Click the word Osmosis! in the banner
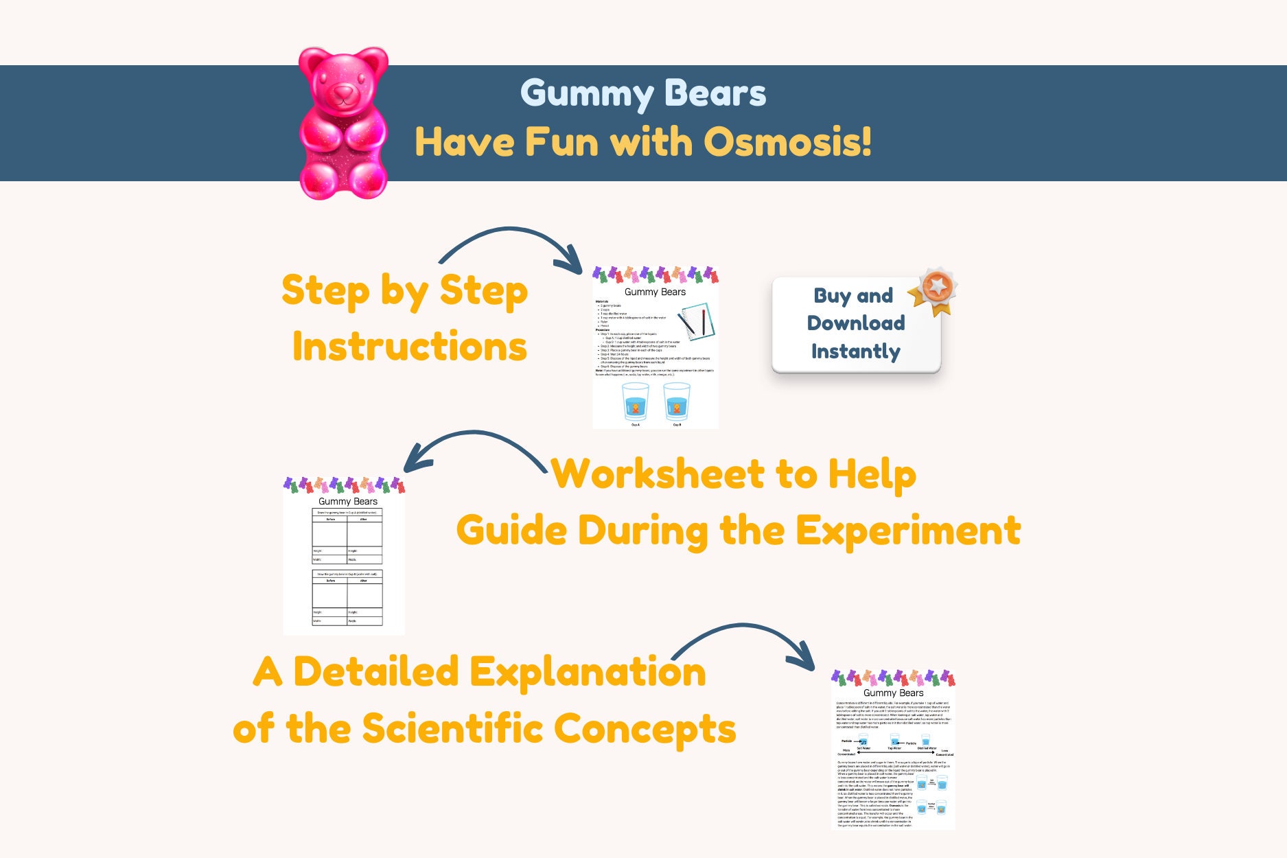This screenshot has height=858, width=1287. pos(788,142)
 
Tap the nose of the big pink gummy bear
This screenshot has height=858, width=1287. pos(343,91)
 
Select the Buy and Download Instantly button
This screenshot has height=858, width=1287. pos(855,325)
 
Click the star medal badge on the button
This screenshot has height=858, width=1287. pos(935,289)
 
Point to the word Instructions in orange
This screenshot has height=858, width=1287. pos(410,346)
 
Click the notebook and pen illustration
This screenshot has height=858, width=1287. pos(696,321)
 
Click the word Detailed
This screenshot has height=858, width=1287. pos(376,671)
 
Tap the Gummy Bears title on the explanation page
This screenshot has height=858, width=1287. pos(893,693)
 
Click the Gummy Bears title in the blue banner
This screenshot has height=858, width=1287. pos(643,93)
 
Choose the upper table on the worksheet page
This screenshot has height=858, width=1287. pos(347,537)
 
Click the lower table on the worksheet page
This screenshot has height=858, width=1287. pos(347,597)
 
